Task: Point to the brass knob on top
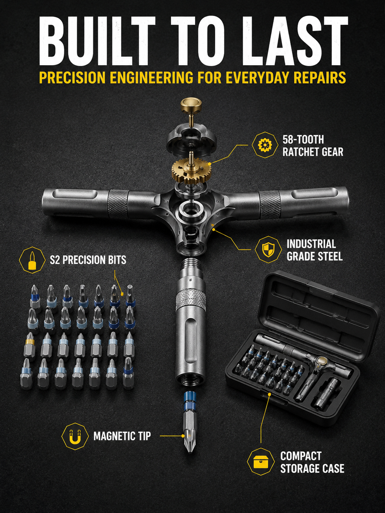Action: pos(191,104)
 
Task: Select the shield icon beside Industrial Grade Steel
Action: pos(268,249)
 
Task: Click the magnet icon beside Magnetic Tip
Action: pos(75,436)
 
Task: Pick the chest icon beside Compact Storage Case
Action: pos(261,462)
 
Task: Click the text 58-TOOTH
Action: pos(303,140)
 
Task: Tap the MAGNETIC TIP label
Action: pos(122,436)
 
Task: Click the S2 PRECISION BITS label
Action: pos(88,260)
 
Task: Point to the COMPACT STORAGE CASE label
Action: pos(312,462)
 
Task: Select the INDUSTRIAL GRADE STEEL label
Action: pos(314,250)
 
